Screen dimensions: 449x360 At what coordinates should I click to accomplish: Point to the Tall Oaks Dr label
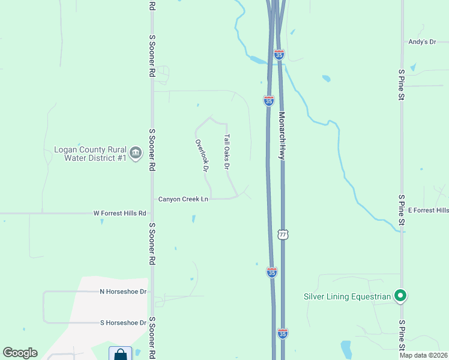pyautogui.click(x=227, y=151)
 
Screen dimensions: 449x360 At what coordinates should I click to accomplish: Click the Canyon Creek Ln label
pyautogui.click(x=183, y=199)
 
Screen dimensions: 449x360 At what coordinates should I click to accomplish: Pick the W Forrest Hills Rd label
pyautogui.click(x=120, y=213)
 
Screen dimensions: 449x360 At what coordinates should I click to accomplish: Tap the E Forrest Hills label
pyautogui.click(x=428, y=211)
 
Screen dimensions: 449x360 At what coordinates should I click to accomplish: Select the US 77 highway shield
pyautogui.click(x=283, y=234)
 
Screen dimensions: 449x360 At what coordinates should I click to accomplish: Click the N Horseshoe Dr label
pyautogui.click(x=123, y=292)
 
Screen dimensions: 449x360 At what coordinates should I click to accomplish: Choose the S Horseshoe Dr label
pyautogui.click(x=123, y=323)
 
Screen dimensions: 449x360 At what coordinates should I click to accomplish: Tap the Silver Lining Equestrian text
pyautogui.click(x=346, y=296)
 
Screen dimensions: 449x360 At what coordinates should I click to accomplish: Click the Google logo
pyautogui.click(x=20, y=353)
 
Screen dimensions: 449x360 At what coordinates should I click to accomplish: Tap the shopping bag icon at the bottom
pyautogui.click(x=120, y=354)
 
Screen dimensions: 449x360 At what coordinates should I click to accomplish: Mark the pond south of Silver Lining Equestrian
pyautogui.click(x=346, y=349)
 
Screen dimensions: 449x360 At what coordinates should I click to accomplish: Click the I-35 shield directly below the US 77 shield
pyautogui.click(x=271, y=272)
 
